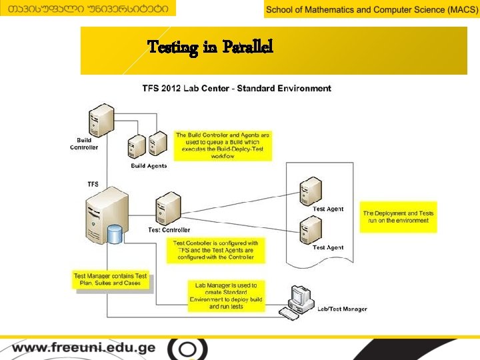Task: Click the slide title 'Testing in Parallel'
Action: tap(210, 47)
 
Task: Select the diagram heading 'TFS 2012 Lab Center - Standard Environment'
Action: tap(236, 88)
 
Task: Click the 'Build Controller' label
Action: tap(84, 144)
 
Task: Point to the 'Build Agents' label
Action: tap(149, 166)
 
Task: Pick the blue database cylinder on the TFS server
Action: tap(115, 234)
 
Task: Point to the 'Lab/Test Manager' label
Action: tap(341, 309)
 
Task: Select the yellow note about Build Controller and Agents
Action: tap(223, 145)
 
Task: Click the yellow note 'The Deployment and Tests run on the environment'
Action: tap(398, 217)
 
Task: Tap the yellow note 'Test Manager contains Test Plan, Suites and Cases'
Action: tap(110, 279)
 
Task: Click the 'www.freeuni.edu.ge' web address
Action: tap(83, 348)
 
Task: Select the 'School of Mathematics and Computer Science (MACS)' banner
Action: tap(371, 9)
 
